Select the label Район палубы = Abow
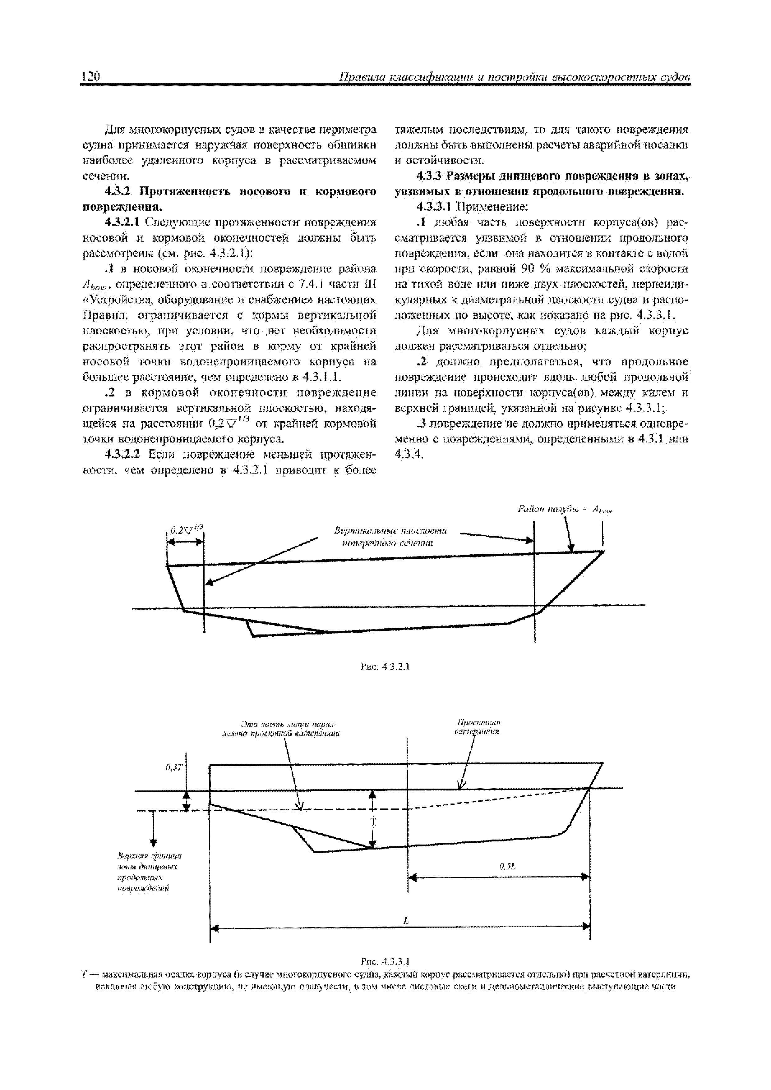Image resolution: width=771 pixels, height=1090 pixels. tap(565, 510)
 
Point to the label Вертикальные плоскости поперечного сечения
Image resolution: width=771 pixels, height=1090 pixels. tap(390, 536)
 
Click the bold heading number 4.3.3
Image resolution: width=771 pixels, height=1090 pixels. tap(429, 176)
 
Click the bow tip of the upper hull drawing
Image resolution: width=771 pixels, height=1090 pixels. tap(603, 551)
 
